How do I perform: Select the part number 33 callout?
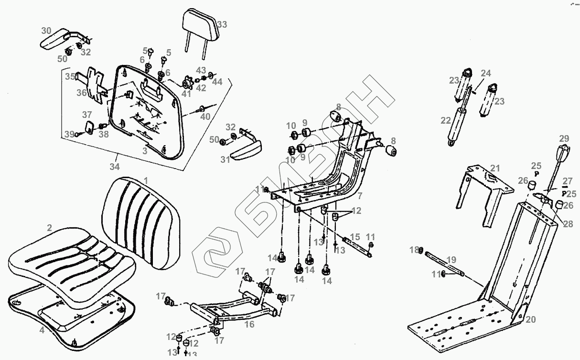click(x=222, y=24)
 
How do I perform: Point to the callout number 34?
click(x=115, y=167)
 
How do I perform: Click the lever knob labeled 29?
click(x=563, y=154)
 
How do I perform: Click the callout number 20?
click(x=530, y=320)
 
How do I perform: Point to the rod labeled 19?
click(x=442, y=265)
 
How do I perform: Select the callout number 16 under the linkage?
click(x=249, y=325)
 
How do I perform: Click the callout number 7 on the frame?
click(x=360, y=196)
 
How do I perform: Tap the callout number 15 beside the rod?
click(x=355, y=237)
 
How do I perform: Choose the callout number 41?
click(x=186, y=94)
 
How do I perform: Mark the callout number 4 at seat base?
click(x=42, y=329)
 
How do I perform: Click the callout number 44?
click(x=217, y=82)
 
